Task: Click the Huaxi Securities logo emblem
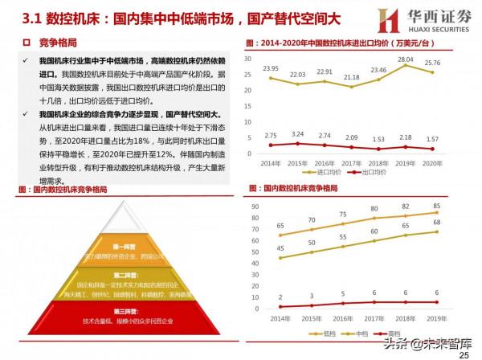click(x=366, y=18)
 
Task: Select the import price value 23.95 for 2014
click(x=271, y=69)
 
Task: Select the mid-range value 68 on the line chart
click(x=456, y=223)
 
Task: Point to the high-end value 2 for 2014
click(x=280, y=298)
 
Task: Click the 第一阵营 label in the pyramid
click(x=122, y=246)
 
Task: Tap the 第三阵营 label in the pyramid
click(x=122, y=311)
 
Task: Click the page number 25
click(x=464, y=354)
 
